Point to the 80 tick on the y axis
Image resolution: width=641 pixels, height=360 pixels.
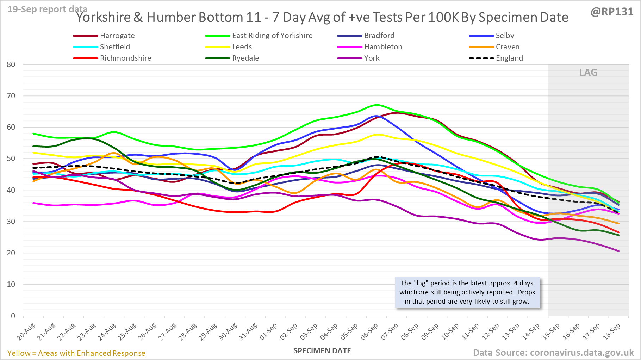(11, 64)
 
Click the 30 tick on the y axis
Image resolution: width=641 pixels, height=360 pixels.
(11, 222)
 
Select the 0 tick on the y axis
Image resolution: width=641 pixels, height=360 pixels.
(13, 316)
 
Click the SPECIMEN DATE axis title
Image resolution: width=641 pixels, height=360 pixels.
(322, 351)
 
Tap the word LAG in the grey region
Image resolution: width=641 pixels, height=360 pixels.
(588, 73)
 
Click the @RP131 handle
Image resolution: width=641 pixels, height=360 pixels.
(612, 12)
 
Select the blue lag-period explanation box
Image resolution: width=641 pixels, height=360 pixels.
(467, 292)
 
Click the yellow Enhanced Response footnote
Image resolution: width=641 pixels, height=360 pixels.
(76, 353)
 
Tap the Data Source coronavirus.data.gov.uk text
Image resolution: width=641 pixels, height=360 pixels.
(553, 353)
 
